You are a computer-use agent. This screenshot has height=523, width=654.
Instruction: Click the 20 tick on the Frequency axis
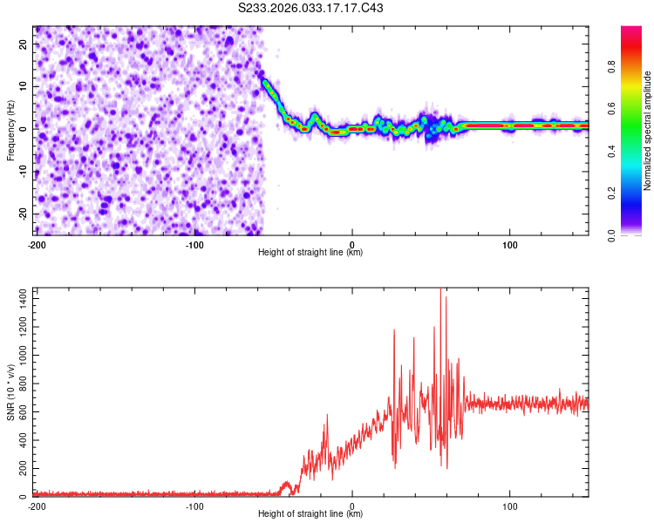(x=24, y=43)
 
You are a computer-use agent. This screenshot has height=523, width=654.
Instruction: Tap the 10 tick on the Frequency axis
(x=24, y=85)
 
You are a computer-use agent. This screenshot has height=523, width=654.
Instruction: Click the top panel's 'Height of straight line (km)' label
(x=310, y=253)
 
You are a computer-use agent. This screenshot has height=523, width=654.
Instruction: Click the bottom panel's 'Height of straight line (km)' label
(x=310, y=515)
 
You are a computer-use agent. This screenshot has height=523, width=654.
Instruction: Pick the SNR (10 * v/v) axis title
(x=10, y=393)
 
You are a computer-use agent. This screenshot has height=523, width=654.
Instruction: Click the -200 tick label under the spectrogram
(x=37, y=244)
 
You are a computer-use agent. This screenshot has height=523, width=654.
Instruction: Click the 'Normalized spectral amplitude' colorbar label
(x=648, y=131)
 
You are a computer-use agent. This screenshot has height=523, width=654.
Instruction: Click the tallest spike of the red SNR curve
(x=440, y=289)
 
